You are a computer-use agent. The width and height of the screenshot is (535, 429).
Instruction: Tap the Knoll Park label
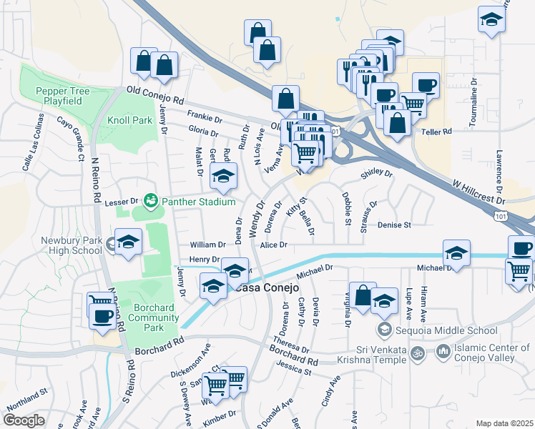point(129,120)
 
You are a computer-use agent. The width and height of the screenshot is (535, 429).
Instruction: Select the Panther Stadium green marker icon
point(150,200)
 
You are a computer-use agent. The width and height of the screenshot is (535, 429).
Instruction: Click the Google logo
point(24,420)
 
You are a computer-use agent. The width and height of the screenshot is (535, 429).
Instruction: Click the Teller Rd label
point(438,132)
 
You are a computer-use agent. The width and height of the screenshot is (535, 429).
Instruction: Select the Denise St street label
point(395,225)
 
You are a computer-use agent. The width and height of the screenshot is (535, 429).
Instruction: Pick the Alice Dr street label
point(273,245)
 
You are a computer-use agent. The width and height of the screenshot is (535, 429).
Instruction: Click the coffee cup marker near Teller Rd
point(426,85)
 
